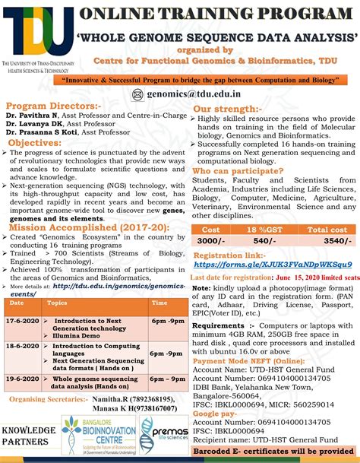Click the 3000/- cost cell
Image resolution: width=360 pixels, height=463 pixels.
215,241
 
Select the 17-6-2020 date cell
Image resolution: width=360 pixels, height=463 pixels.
21,322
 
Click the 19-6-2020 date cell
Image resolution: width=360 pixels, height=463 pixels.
21,377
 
